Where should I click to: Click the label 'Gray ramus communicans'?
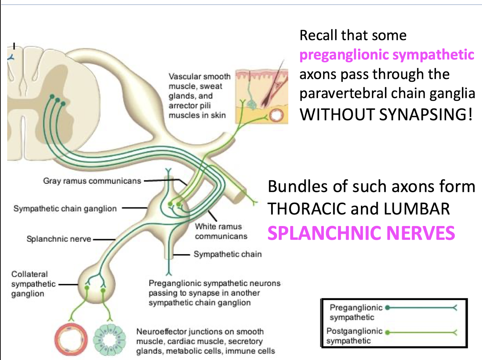pyautogui.click(x=92, y=181)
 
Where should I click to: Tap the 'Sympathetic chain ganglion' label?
pyautogui.click(x=65, y=208)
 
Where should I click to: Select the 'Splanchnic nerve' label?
pyautogui.click(x=59, y=239)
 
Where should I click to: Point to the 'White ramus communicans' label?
pyautogui.click(x=221, y=231)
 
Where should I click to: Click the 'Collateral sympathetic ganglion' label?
pyautogui.click(x=33, y=284)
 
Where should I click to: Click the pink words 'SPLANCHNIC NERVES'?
pyautogui.click(x=361, y=233)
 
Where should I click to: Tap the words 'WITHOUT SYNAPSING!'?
pyautogui.click(x=386, y=114)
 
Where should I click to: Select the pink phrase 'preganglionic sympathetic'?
pyautogui.click(x=386, y=55)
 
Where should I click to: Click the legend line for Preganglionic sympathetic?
pyautogui.click(x=422, y=308)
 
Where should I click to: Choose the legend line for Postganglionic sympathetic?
pyautogui.click(x=422, y=333)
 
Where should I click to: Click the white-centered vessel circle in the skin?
pyautogui.click(x=276, y=116)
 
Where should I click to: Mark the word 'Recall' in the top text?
pyautogui.click(x=318, y=35)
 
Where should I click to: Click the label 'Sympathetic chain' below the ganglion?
pyautogui.click(x=227, y=254)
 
